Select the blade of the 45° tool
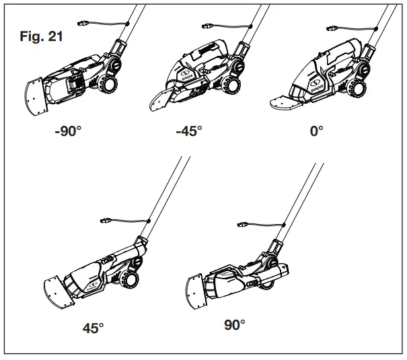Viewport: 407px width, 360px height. (x=57, y=287)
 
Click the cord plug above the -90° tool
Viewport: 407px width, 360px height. (x=84, y=22)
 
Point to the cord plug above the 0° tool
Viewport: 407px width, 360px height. (x=332, y=29)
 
